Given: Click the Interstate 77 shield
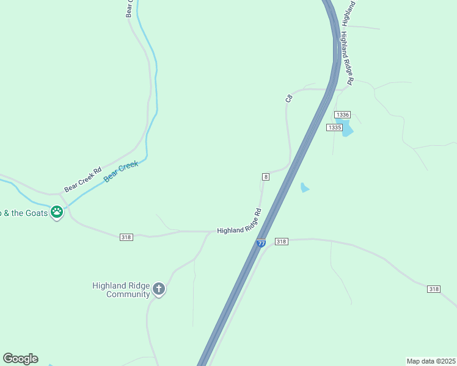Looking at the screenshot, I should pos(261,243).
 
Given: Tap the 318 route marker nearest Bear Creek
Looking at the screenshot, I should pos(126,237).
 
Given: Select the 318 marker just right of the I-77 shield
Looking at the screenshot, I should pos(281,242).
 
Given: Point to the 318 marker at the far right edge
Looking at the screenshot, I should pos(434,289).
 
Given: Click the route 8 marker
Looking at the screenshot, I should pos(266,176).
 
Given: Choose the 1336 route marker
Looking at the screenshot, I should pos(343,115).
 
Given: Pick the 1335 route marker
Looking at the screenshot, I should pos(334,127).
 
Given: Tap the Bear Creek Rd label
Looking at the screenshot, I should pos(82,180).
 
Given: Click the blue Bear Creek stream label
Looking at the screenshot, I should pos(121,171).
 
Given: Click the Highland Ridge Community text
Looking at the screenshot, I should pos(120,290).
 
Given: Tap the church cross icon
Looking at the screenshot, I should pos(159,289).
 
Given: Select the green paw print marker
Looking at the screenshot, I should pos(57,212).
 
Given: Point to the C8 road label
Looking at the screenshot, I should pos(289,98).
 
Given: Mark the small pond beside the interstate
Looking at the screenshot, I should pos(305,188).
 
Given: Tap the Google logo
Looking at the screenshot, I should pos(20,359).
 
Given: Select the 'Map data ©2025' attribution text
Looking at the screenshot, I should pos(431,361).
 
